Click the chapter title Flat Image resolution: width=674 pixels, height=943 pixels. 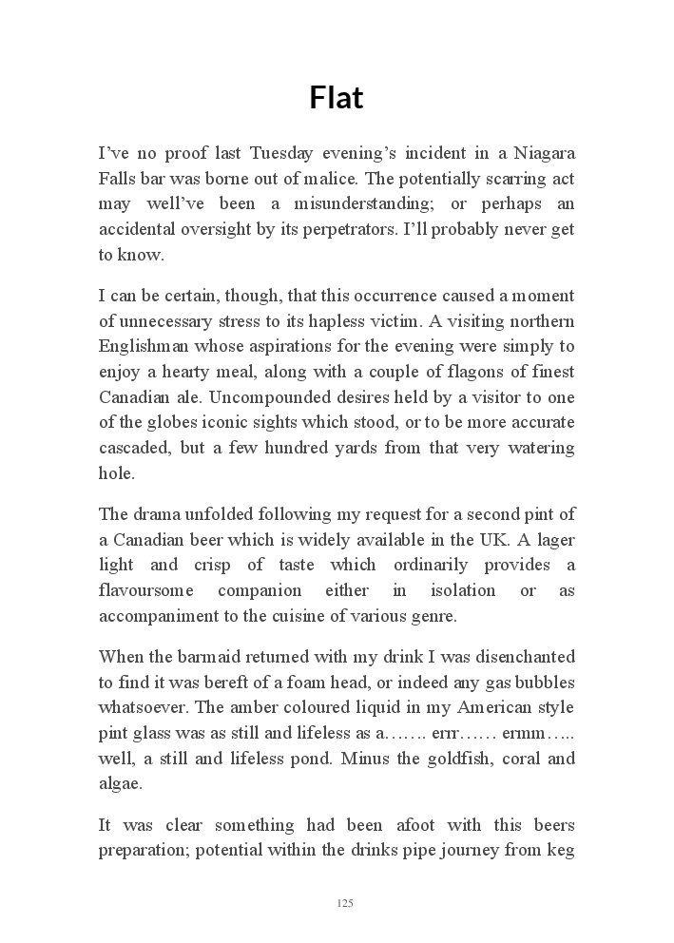[x=337, y=97]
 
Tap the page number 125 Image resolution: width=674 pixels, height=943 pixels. [x=345, y=902]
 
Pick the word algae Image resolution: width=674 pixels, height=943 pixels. [x=121, y=783]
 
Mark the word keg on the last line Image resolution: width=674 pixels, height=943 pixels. [x=560, y=850]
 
